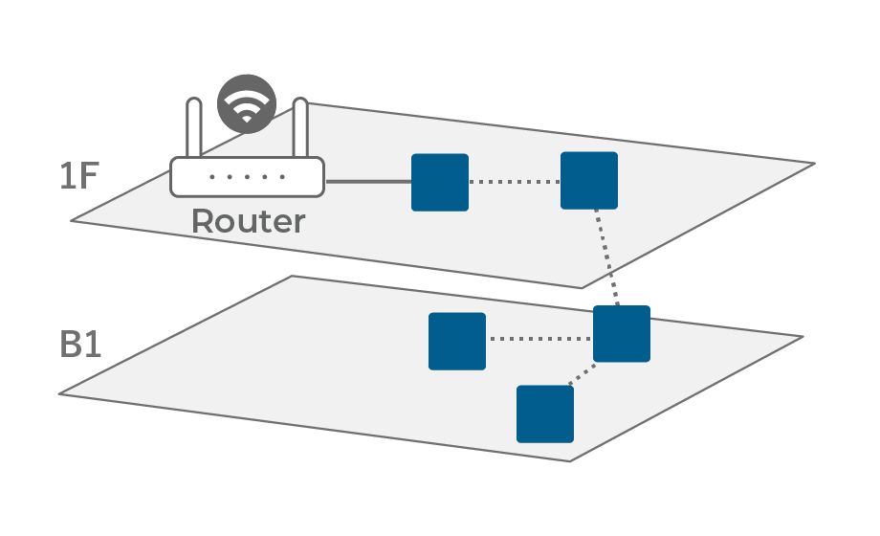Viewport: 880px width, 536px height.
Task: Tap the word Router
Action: click(249, 221)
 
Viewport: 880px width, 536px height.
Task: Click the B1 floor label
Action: click(81, 344)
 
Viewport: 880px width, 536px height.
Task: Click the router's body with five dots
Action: click(247, 177)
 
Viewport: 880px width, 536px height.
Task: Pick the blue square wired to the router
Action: click(440, 182)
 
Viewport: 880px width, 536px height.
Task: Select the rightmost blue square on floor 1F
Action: click(589, 181)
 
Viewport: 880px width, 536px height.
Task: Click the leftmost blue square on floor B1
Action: click(457, 341)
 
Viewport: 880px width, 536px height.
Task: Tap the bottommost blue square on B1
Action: click(545, 413)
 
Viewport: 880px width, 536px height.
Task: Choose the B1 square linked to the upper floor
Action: click(622, 334)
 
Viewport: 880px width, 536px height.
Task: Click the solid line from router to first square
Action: click(368, 181)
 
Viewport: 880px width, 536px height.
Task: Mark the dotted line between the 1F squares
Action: click(515, 182)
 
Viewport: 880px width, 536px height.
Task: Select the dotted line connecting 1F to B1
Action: click(606, 257)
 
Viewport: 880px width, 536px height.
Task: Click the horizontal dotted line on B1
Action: click(539, 338)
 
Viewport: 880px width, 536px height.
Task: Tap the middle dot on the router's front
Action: click(247, 177)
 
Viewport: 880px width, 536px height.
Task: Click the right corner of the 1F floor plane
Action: click(813, 164)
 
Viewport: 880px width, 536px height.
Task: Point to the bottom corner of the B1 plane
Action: click(571, 460)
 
